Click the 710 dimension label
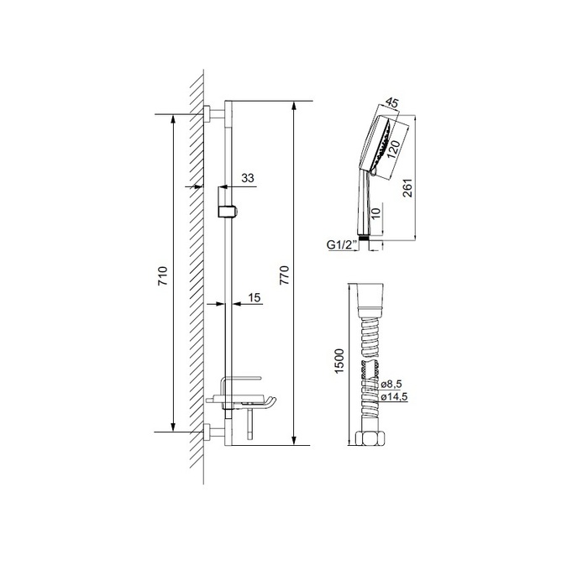pos(163,276)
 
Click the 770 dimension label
pos(285,275)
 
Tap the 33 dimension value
pos(248,178)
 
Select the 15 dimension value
pos(255,298)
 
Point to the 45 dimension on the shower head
pos(392,102)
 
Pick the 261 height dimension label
pos(407,188)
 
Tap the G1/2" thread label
pos(341,245)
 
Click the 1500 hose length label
pos(339,361)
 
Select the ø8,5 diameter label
pos(391,384)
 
